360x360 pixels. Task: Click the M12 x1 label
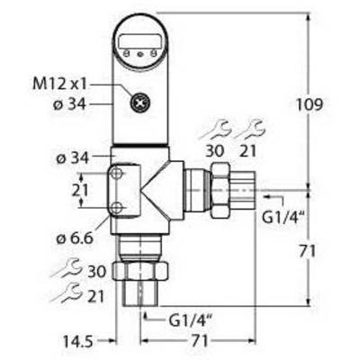tap(59, 84)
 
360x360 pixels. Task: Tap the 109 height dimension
tap(310, 104)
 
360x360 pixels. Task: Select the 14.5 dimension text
tap(78, 341)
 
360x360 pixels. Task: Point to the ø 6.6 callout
tap(75, 238)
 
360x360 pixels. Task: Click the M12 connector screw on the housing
tap(140, 103)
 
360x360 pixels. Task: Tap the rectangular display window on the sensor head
tap(139, 40)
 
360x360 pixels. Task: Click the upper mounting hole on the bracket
tap(116, 173)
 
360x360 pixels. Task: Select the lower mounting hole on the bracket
tap(116, 207)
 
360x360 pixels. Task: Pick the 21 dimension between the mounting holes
tap(80, 190)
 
